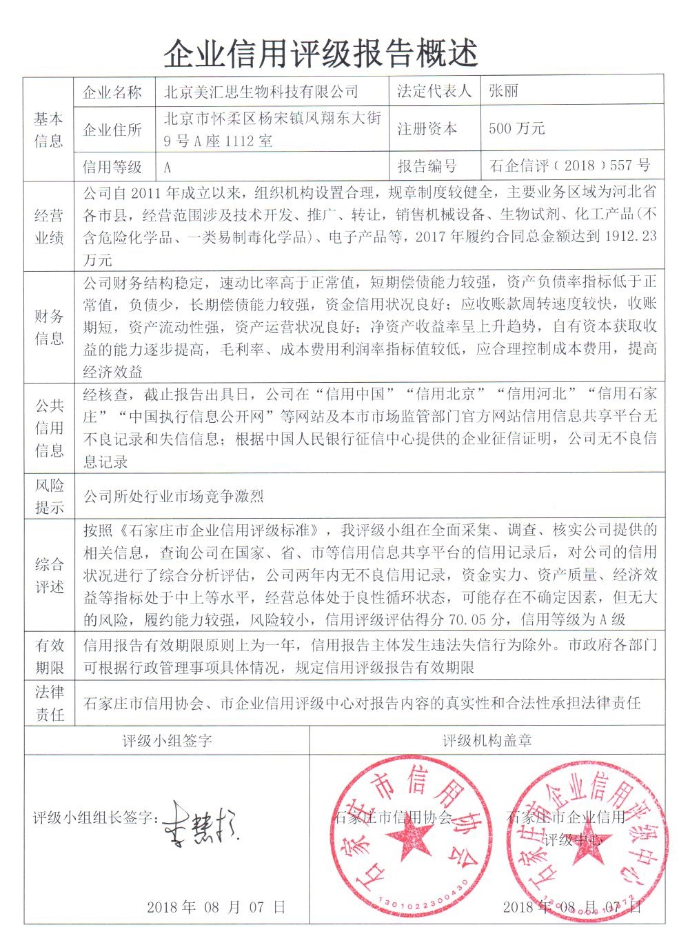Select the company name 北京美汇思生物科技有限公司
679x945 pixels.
[x=261, y=92]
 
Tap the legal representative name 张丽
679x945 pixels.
[x=503, y=91]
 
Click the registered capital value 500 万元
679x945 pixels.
[x=517, y=129]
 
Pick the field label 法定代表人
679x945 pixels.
[x=434, y=91]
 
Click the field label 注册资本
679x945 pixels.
[x=427, y=129]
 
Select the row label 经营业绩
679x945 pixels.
[x=49, y=227]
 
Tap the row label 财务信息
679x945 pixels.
[x=49, y=327]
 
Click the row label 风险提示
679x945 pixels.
[x=49, y=496]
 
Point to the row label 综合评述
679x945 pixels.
[x=49, y=575]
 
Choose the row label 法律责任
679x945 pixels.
[x=49, y=703]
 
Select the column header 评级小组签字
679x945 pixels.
[x=167, y=741]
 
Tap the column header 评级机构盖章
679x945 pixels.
[x=487, y=741]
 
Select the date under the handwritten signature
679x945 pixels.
[x=216, y=906]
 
